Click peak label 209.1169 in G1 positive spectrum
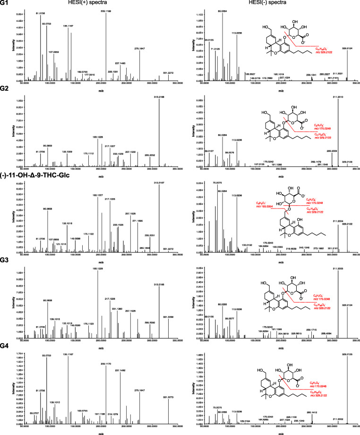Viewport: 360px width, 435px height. pos(105,9)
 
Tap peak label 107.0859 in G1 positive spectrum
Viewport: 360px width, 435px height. pos(53,51)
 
